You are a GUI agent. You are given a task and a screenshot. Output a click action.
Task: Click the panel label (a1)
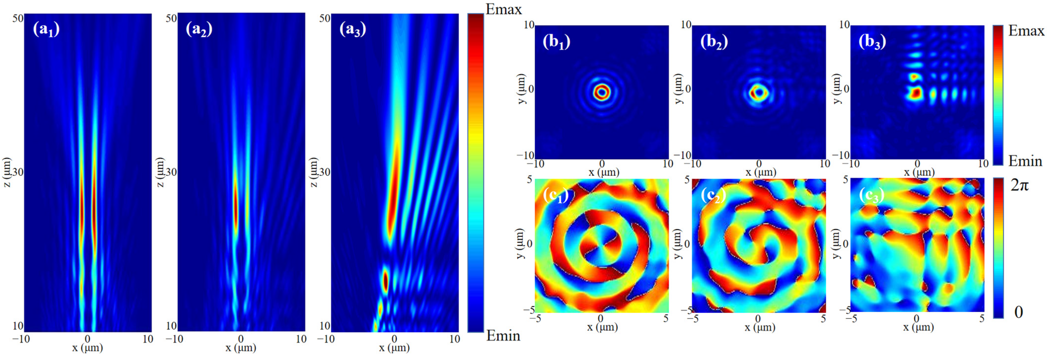tap(46, 29)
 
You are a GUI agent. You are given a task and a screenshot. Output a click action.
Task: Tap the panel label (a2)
tap(199, 29)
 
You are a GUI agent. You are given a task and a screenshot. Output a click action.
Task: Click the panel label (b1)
tap(556, 42)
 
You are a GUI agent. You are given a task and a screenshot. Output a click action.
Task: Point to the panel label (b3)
tap(872, 42)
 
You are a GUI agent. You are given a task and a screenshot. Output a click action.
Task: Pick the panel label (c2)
tap(714, 196)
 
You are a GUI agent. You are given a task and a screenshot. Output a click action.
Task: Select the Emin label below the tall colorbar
tap(503, 336)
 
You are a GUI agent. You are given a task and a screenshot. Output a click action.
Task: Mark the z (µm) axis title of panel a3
tap(314, 172)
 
